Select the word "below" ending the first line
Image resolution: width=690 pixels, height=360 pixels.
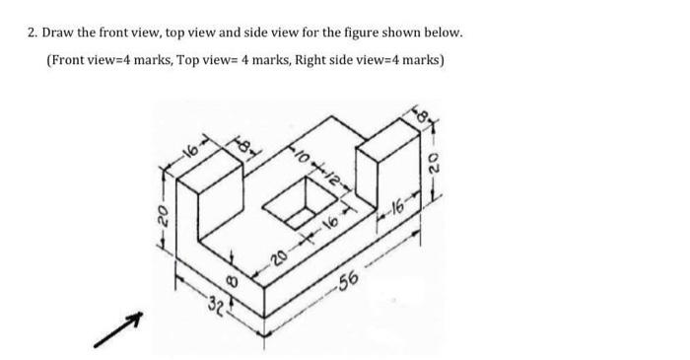441,33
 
